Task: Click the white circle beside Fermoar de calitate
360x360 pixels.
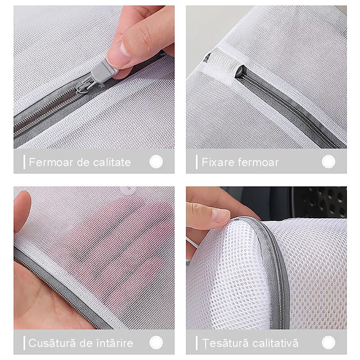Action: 156,162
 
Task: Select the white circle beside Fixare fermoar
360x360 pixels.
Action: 328,162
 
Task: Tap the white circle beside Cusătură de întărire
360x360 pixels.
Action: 156,342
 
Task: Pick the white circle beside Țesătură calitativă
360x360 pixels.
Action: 328,342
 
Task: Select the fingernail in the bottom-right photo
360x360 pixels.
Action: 219,216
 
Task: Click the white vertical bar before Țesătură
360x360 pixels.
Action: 197,343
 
